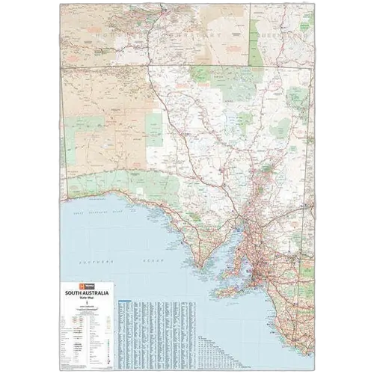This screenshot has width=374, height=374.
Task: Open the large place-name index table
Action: pyautogui.click(x=150, y=329)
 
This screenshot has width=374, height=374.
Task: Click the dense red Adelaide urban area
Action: pyautogui.click(x=261, y=268)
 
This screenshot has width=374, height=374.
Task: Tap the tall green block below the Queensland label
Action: pyautogui.click(x=262, y=41)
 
